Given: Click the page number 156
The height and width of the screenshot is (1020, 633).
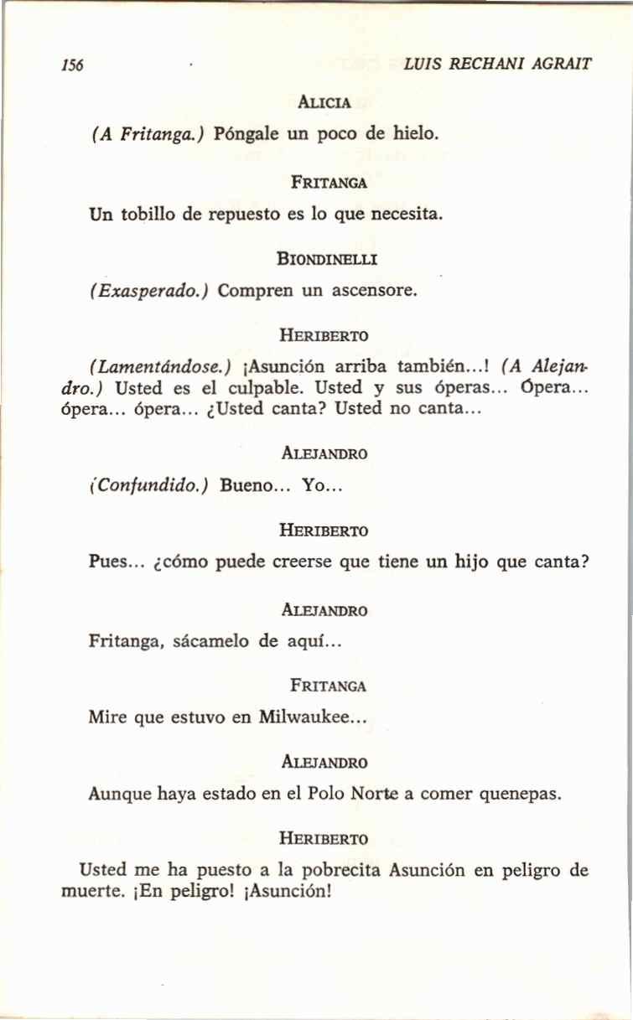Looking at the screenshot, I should [x=72, y=65].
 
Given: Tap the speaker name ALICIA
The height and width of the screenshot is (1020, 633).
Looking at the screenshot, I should [x=324, y=103].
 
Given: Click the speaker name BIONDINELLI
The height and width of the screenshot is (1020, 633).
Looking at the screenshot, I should [x=326, y=260].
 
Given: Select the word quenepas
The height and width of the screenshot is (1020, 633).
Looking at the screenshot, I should [x=518, y=794].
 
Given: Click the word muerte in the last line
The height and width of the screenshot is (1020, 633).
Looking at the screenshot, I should [x=86, y=891].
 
